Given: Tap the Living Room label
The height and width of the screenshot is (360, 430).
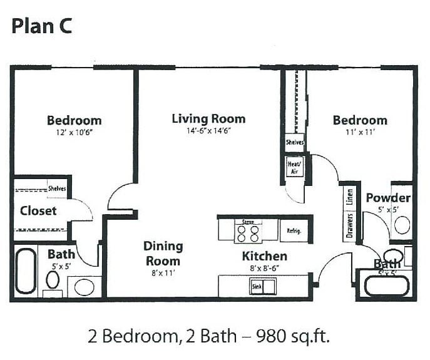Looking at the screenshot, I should click(208, 118).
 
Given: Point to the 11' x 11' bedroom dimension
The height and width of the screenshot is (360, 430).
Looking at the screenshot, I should click(359, 133).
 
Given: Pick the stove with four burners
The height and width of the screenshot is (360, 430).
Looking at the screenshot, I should click(247, 232).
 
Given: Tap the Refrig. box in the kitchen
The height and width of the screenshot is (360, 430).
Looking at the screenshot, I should click(294, 231).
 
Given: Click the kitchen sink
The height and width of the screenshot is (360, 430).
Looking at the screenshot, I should click(264, 287).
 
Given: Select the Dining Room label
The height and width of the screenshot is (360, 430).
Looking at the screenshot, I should click(163, 254).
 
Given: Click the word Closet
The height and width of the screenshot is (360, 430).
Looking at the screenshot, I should click(38, 210).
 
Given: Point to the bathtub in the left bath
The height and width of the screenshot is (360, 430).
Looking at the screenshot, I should click(26, 271).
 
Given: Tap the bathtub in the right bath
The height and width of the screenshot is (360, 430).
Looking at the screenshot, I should click(386, 285).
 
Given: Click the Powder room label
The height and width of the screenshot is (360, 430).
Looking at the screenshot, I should click(388, 198).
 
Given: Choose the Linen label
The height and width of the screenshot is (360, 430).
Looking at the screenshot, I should click(350, 198).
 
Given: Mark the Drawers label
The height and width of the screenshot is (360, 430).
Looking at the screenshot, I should click(350, 227).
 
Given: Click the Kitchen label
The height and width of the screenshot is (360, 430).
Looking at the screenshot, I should click(264, 256).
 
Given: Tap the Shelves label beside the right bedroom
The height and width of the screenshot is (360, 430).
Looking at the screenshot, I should click(295, 142).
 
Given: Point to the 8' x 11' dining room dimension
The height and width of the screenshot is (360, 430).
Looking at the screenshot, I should click(162, 273).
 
